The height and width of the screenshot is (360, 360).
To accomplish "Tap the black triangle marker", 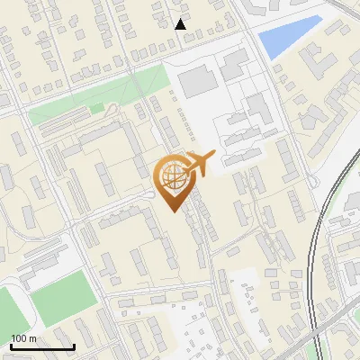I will pos(181,23).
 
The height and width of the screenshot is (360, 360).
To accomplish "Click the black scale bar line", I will pos(42,347).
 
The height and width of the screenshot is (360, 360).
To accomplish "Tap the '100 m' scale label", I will pos(24,338).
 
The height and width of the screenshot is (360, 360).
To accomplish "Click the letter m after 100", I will pos(33,338).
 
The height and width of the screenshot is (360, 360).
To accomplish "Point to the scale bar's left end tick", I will pos(11,346).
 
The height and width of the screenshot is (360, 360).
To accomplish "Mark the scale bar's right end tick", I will pos(74,346).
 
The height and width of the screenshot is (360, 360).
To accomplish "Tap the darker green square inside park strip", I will pos(96,109).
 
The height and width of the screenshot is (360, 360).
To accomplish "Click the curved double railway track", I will pos(319,252).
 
